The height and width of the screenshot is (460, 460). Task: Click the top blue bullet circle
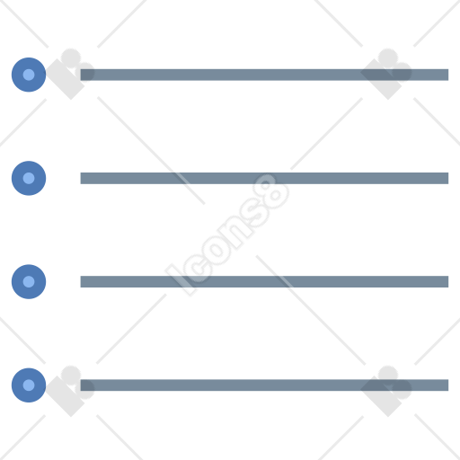click(29, 75)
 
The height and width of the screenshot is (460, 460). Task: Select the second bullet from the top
click(29, 178)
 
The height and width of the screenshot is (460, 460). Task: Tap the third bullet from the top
click(29, 281)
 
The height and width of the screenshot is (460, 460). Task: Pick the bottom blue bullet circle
click(29, 385)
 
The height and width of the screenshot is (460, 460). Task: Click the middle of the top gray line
click(264, 75)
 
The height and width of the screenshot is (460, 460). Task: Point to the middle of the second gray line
click(264, 178)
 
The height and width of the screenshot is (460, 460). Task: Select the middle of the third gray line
click(264, 281)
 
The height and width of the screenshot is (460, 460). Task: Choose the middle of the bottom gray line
click(264, 385)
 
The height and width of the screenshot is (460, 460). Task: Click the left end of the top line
click(81, 75)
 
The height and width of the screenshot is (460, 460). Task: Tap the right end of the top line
click(448, 75)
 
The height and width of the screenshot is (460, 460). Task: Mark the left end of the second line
click(81, 178)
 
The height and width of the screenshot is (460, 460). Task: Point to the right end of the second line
click(448, 178)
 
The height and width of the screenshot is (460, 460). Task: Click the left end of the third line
click(81, 281)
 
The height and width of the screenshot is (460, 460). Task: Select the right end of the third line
click(448, 281)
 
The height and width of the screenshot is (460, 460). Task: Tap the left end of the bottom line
click(81, 385)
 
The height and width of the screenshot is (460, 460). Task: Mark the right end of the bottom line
click(448, 385)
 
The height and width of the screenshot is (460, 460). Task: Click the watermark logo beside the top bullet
click(70, 74)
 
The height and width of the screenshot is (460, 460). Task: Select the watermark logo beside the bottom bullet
click(70, 391)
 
